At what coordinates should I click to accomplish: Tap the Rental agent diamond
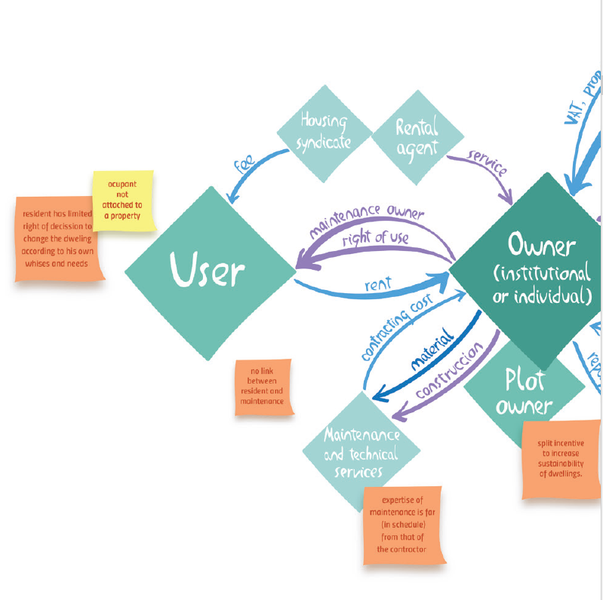417,137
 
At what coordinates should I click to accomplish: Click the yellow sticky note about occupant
123,201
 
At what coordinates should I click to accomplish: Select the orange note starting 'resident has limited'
58,239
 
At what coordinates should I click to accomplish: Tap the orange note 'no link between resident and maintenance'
262,387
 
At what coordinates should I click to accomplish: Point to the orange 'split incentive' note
561,459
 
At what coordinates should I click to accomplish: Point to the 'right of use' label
374,239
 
